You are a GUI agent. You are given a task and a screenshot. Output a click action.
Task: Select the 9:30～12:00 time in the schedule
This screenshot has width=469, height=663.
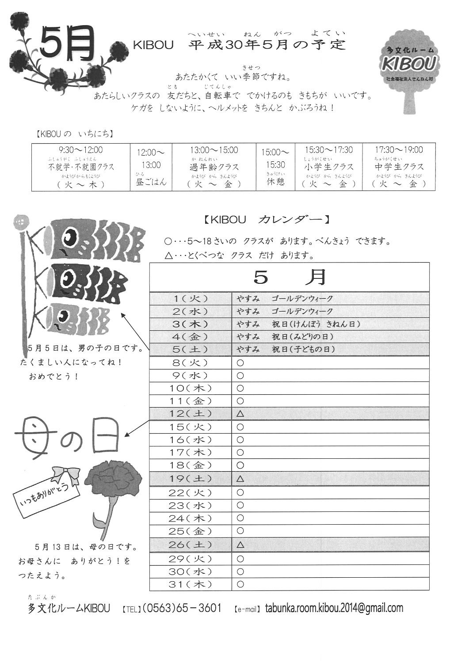click(x=81, y=150)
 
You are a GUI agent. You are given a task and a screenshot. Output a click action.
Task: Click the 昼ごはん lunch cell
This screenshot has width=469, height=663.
click(x=151, y=181)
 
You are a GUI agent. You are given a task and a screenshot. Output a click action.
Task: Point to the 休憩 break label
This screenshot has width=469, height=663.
click(x=275, y=181)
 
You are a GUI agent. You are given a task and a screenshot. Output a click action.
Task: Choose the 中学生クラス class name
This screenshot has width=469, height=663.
click(x=399, y=167)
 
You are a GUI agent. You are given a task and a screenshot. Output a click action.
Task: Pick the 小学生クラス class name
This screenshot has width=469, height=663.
click(x=329, y=167)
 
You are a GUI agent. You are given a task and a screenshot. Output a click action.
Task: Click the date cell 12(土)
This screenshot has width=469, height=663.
click(x=191, y=414)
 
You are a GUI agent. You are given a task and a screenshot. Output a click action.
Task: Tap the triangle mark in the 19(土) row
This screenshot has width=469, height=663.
click(x=240, y=478)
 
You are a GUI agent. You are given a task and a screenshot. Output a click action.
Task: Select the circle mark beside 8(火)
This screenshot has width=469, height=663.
click(x=240, y=363)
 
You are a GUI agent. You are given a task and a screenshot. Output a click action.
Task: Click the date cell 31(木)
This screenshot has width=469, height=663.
click(x=191, y=584)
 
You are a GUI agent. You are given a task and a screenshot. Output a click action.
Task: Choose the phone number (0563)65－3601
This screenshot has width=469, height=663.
click(x=182, y=608)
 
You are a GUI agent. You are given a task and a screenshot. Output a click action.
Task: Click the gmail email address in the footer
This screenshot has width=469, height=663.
click(x=334, y=608)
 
